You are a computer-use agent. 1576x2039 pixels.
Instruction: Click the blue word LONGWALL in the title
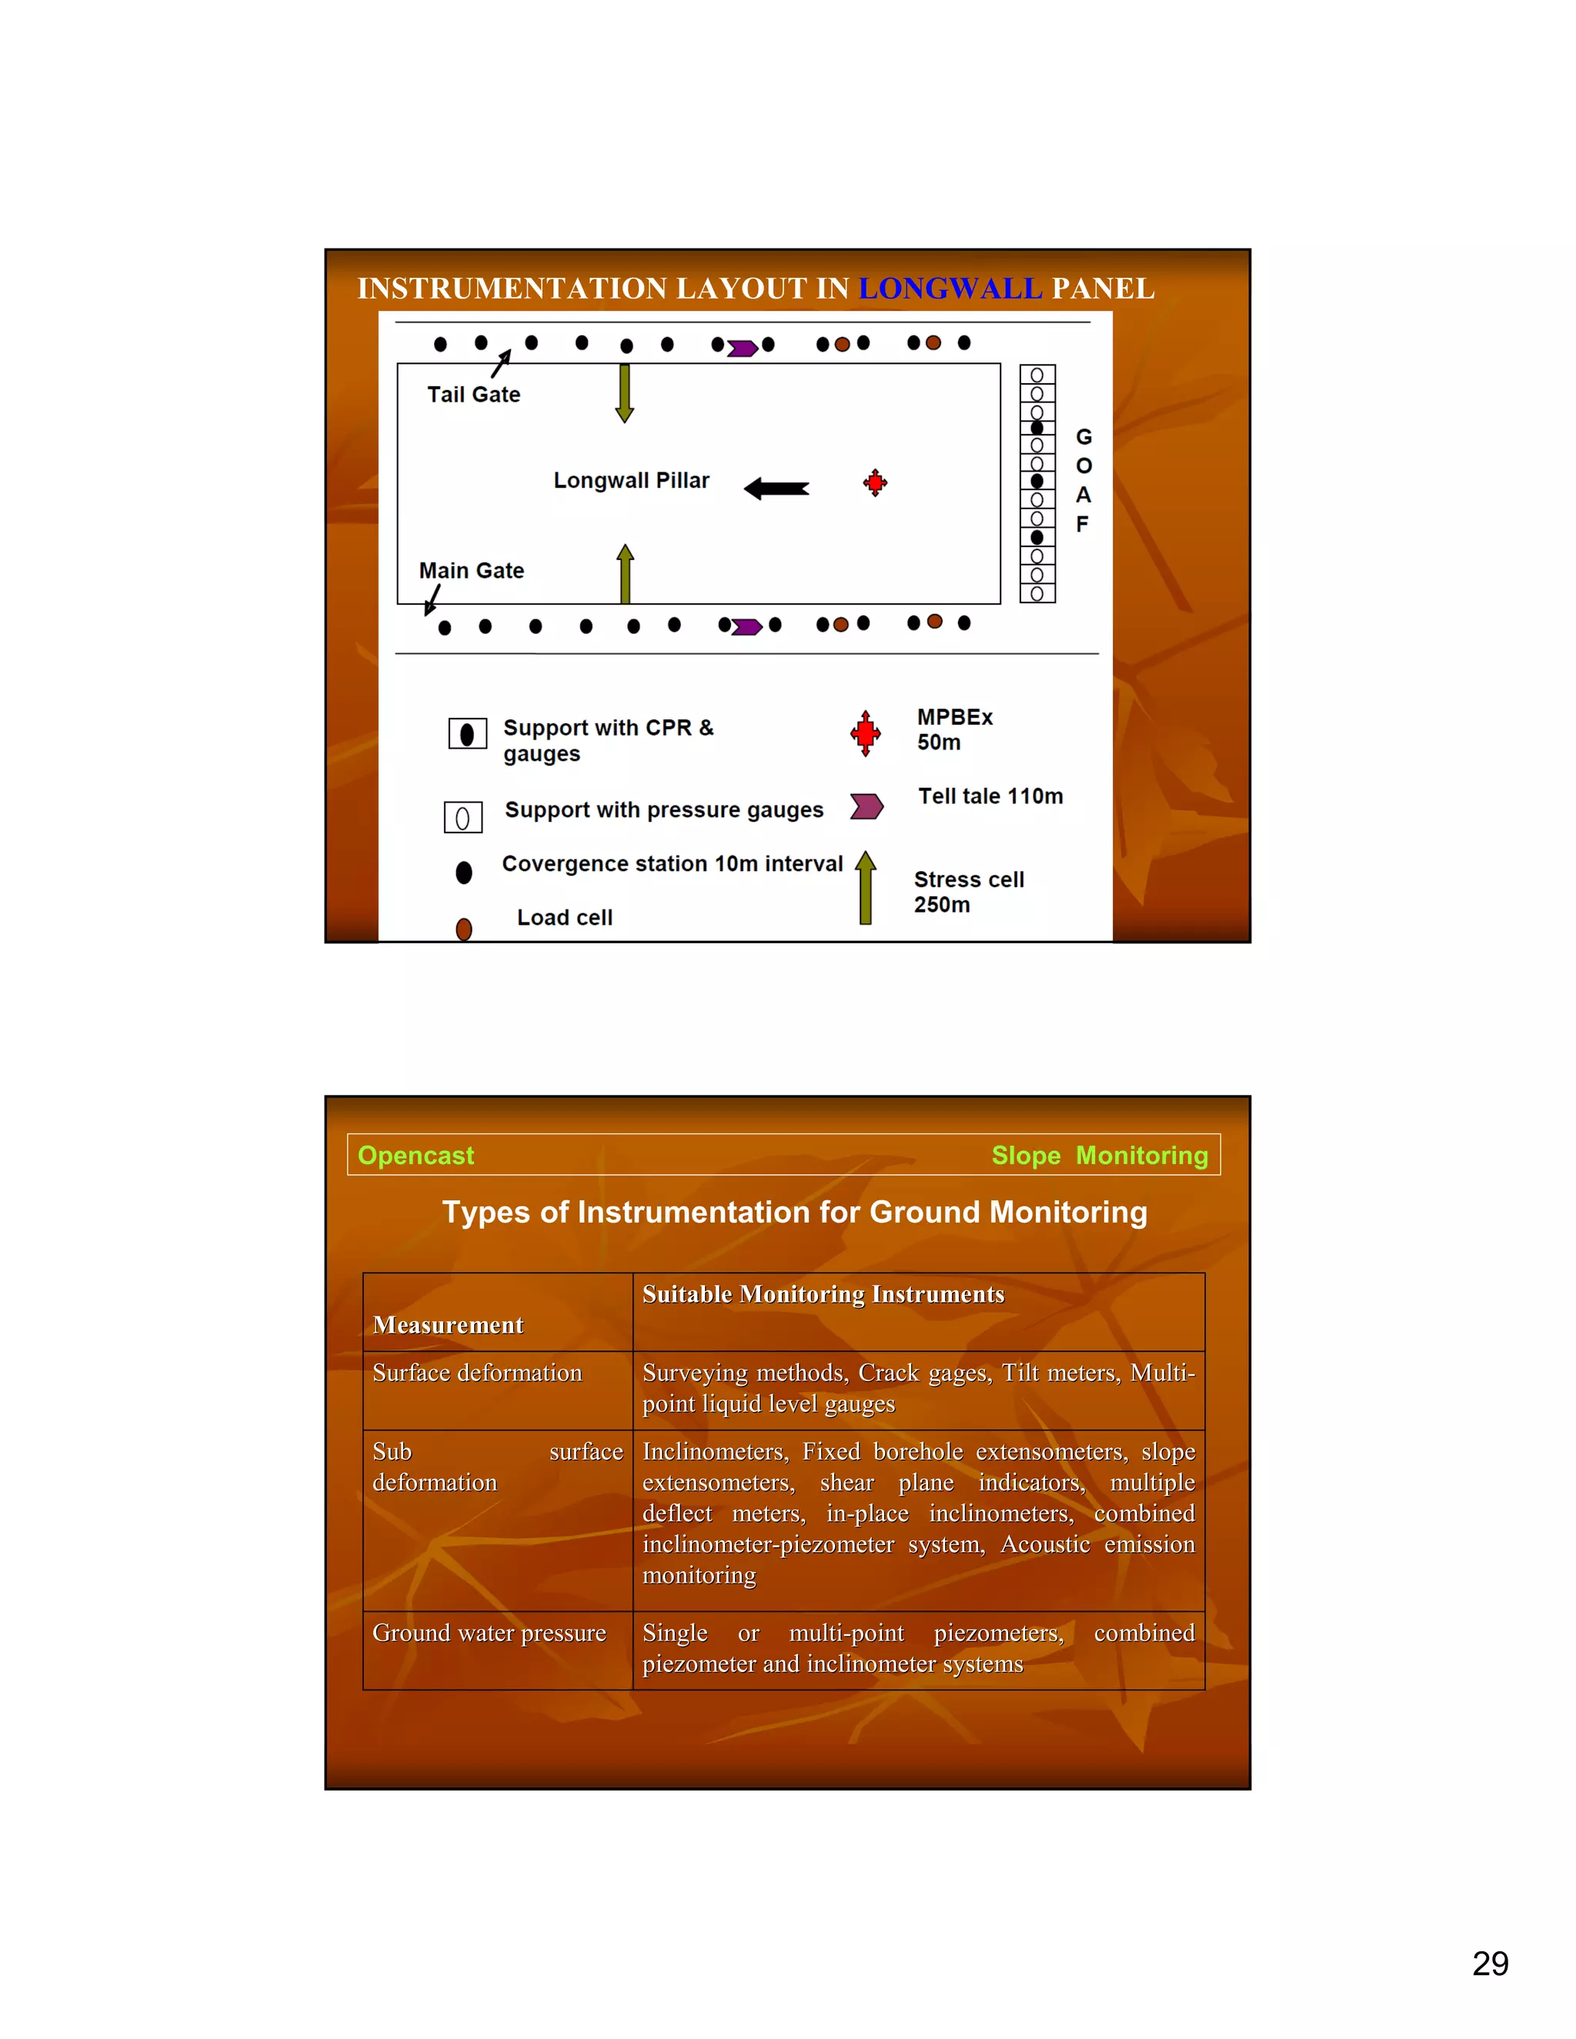point(950,289)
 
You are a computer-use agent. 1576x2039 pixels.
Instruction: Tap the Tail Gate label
point(473,395)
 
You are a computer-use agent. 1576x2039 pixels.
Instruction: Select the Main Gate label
point(472,570)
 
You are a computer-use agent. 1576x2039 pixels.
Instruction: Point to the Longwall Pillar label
point(631,481)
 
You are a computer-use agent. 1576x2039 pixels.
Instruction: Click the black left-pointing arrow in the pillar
point(776,489)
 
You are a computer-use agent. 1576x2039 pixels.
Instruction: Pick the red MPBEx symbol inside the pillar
point(875,482)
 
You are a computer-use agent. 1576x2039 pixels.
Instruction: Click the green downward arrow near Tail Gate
point(625,393)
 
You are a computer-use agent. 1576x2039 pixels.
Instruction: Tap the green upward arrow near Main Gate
point(626,573)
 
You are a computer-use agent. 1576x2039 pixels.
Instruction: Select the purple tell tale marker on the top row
point(743,349)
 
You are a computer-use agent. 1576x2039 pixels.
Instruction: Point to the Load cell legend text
point(565,918)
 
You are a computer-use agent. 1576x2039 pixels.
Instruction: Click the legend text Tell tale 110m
point(990,796)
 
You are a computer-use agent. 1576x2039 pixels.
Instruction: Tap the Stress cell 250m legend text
point(968,892)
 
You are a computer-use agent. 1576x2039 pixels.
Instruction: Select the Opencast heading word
point(416,1156)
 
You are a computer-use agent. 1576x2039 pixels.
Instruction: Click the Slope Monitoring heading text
point(1099,1156)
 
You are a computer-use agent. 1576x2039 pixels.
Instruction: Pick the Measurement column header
point(448,1325)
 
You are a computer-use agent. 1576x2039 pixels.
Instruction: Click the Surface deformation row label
point(477,1373)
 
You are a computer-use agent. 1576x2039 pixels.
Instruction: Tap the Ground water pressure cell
point(489,1633)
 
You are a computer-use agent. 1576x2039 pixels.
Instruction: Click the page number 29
point(1490,1964)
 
